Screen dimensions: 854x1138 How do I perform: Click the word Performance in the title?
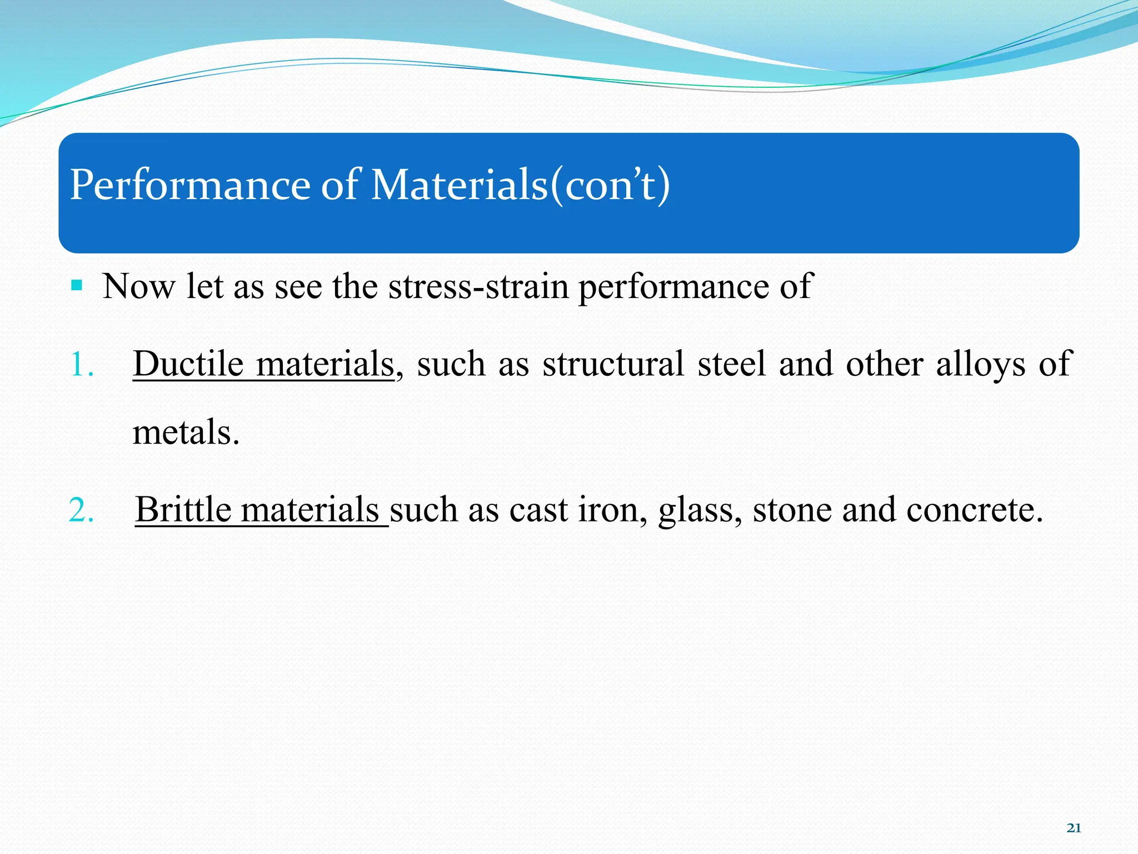tap(189, 185)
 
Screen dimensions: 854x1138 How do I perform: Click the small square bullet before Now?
tap(77, 286)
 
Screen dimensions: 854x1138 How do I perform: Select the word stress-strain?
tap(478, 287)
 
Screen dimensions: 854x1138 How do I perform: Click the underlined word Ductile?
tap(188, 364)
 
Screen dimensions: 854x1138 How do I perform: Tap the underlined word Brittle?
tap(183, 509)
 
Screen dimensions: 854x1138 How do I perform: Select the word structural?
tap(613, 364)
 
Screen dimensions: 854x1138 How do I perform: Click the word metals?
tap(186, 433)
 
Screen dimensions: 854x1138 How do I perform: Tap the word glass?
tap(700, 510)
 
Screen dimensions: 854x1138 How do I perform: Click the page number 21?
tap(1074, 828)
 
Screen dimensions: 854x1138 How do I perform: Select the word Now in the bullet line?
tap(138, 287)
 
